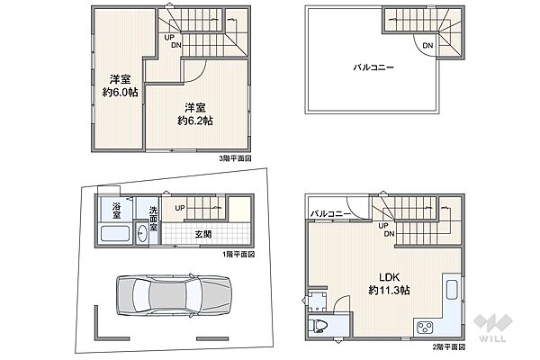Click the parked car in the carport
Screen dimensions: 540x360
click(173, 295)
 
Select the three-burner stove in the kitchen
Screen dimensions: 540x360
click(425, 327)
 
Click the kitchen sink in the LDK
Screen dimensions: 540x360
click(452, 290)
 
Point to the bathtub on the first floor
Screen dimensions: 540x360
click(114, 233)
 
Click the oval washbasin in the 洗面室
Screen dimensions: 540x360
click(141, 234)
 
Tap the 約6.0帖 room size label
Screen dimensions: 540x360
click(121, 93)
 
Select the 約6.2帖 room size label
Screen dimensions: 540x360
click(195, 121)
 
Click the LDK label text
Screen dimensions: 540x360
click(389, 277)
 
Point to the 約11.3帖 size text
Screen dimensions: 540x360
click(389, 291)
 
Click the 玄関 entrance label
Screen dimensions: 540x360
click(203, 234)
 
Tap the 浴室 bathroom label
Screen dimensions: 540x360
click(116, 211)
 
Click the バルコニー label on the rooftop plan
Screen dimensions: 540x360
click(373, 67)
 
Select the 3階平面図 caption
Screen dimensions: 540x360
click(235, 158)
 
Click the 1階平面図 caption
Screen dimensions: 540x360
click(238, 255)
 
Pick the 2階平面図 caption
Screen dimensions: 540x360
click(449, 346)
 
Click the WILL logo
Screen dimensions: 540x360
click(493, 328)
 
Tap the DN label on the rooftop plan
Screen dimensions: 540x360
click(427, 46)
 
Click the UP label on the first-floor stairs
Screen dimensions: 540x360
click(180, 208)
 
